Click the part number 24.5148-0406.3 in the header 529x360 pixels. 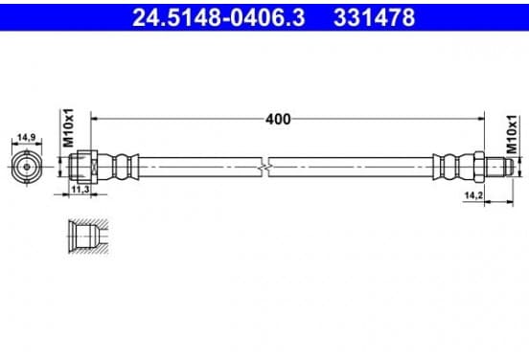[x=218, y=17]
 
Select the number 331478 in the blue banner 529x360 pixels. [x=374, y=17]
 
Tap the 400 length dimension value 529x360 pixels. [x=278, y=120]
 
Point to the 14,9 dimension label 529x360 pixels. [x=27, y=138]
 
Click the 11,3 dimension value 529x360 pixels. [x=80, y=190]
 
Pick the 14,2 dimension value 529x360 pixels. [x=473, y=195]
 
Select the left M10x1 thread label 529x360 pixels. [x=68, y=128]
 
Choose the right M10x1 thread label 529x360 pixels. [x=512, y=134]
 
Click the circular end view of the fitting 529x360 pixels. [x=27, y=167]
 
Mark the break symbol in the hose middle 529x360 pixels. [x=265, y=167]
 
